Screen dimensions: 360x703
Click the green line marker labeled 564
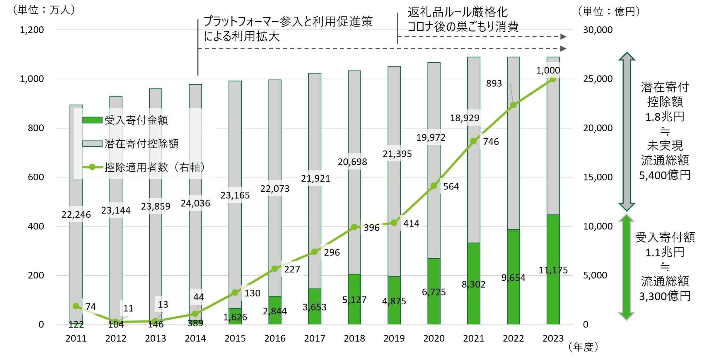[x=434, y=186]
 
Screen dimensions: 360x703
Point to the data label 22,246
[x=76, y=215]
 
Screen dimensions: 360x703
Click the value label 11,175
[x=553, y=270]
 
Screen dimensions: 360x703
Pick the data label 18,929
[x=465, y=118]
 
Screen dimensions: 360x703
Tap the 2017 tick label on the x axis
[x=315, y=339]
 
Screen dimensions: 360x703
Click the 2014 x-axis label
[x=195, y=339]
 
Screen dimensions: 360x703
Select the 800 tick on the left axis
[x=36, y=128]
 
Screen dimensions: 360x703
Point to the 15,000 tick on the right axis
[x=598, y=177]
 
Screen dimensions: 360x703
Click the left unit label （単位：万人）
[x=44, y=10]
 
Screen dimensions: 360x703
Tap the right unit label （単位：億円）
[x=609, y=12]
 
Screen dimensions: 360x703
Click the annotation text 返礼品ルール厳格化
[x=458, y=12]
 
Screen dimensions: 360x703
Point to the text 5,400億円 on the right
[x=665, y=175]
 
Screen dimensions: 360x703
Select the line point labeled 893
[x=513, y=105]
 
